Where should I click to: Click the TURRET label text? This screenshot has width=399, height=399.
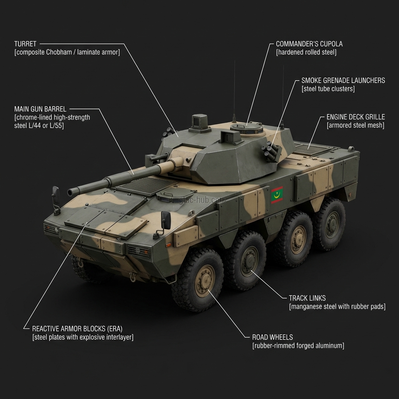25,44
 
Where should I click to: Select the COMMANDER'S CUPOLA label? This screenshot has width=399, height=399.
309,44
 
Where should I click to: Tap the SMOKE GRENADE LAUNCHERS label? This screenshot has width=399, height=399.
343,81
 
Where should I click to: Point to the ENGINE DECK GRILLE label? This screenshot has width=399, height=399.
355,117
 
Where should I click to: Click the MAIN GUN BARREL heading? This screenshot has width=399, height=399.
40,109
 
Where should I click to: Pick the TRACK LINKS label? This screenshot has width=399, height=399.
307,298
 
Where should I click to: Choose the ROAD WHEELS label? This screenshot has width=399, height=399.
272,337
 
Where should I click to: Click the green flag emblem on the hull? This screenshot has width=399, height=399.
277,195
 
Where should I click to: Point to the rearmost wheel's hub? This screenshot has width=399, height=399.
332,223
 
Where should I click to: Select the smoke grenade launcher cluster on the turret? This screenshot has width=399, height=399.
271,152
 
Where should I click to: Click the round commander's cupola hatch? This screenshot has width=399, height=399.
246,127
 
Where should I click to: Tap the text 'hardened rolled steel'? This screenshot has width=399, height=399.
306,52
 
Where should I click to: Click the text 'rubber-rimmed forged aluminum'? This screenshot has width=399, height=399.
298,346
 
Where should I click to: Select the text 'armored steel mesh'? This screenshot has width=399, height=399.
355,125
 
